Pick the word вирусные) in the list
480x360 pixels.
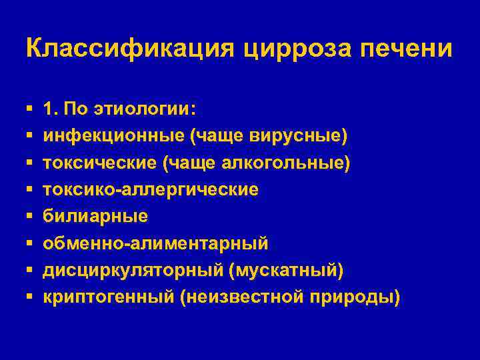point(297,136)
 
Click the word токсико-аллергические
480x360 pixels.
point(151,189)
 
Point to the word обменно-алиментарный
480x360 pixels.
point(156,243)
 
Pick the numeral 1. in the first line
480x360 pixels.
point(51,109)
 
